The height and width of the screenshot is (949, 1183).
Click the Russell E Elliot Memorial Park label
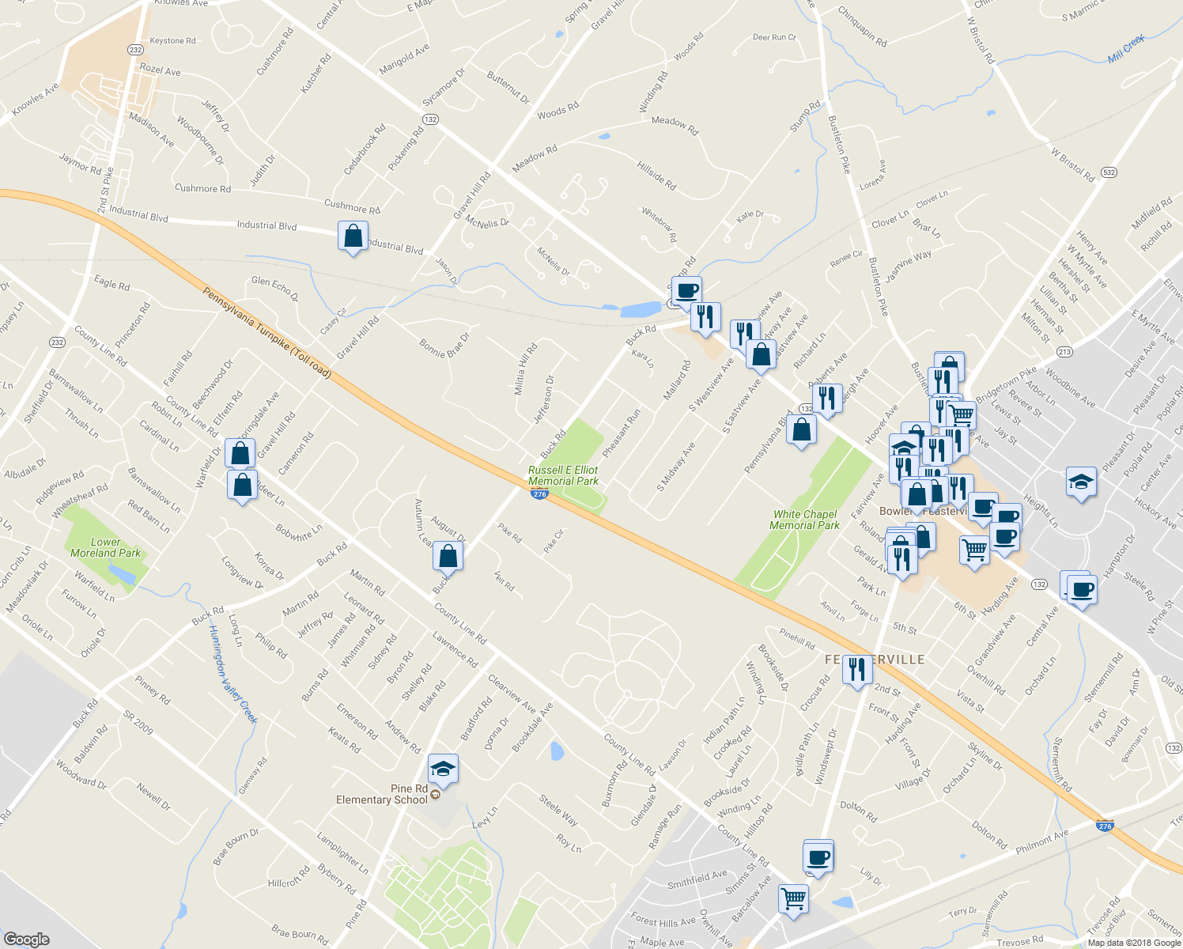coord(563,475)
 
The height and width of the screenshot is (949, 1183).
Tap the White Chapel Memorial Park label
coord(804,520)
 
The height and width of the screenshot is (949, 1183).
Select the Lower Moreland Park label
coord(105,547)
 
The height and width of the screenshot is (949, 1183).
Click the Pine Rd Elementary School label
coord(382,794)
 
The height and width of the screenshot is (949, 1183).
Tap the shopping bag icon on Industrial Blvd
coord(353,236)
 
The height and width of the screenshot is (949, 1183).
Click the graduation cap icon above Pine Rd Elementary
coord(443,769)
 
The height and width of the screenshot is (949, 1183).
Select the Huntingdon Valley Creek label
coord(233,673)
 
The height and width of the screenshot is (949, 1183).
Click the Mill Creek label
coord(1126,49)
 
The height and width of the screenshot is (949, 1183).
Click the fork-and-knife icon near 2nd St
coord(858,670)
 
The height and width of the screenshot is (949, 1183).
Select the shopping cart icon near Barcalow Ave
coord(793,898)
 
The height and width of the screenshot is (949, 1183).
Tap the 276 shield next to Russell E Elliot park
coord(539,494)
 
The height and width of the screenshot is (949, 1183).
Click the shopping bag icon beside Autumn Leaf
coord(448,556)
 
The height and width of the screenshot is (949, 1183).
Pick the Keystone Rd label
coord(172,41)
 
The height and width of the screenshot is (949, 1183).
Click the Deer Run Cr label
coord(774,37)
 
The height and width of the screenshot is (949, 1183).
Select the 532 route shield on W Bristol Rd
coord(1109,172)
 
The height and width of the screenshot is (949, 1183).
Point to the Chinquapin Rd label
coord(862,27)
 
